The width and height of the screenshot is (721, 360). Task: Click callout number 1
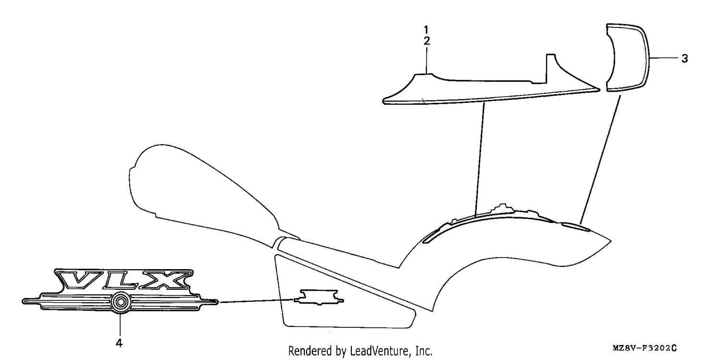point(426,30)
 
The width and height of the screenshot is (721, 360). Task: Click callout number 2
point(426,41)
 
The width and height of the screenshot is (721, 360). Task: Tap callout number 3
point(684,59)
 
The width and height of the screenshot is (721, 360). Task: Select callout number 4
point(119,343)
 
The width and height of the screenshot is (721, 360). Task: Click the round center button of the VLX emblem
point(120,302)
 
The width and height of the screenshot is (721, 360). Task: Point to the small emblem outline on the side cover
point(319,297)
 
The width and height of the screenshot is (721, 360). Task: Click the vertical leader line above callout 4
point(120,324)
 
